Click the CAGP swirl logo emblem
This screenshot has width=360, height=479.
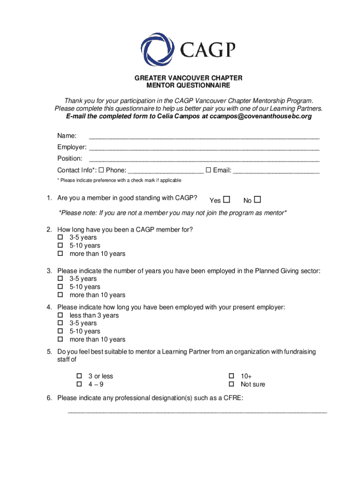pyautogui.click(x=158, y=47)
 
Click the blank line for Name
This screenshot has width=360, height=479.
pyautogui.click(x=204, y=138)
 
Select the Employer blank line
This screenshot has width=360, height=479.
pyautogui.click(x=204, y=149)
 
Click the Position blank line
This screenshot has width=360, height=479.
pyautogui.click(x=204, y=160)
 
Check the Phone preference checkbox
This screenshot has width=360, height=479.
pyautogui.click(x=101, y=170)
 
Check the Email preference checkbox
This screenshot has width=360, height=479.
pyautogui.click(x=209, y=170)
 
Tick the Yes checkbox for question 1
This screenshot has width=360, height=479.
pyautogui.click(x=227, y=200)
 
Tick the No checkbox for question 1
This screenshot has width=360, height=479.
pyautogui.click(x=258, y=200)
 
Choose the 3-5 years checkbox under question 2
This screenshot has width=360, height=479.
pyautogui.click(x=60, y=238)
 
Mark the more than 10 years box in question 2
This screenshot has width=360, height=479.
pyautogui.click(x=60, y=254)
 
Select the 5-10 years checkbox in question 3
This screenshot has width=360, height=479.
pyautogui.click(x=60, y=287)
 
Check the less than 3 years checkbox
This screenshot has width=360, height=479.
pyautogui.click(x=60, y=315)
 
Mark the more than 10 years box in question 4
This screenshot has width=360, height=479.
pyautogui.click(x=60, y=340)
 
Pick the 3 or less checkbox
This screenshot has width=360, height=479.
pyautogui.click(x=79, y=376)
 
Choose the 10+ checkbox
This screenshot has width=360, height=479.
pyautogui.click(x=231, y=376)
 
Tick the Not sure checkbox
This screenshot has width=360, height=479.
pyautogui.click(x=231, y=385)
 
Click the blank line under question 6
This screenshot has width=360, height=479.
pyautogui.click(x=197, y=412)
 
